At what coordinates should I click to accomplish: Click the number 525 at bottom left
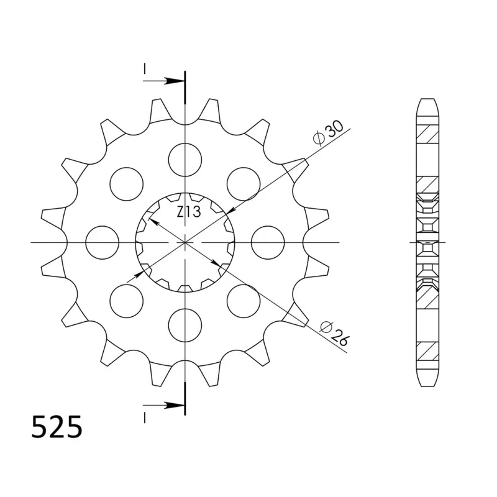(57, 428)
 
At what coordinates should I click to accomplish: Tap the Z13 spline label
(188, 212)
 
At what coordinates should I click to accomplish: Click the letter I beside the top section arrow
(145, 70)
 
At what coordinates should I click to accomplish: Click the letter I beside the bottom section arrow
(145, 415)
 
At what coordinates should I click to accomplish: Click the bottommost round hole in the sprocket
(185, 324)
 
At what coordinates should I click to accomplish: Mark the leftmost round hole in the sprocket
(103, 242)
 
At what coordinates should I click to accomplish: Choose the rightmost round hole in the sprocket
(268, 242)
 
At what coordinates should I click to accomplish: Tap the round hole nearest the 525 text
(126, 300)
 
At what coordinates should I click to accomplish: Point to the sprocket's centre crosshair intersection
(185, 242)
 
